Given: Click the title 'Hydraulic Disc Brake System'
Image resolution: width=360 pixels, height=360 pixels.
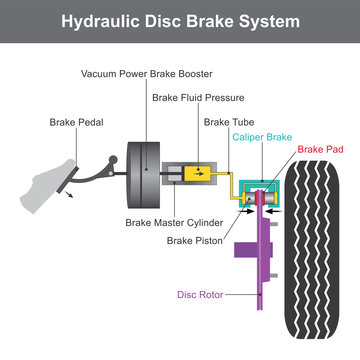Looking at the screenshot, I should [x=180, y=21].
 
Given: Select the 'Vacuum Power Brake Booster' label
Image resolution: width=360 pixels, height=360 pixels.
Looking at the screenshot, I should [x=145, y=74].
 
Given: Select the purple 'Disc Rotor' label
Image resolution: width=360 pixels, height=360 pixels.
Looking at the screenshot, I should [x=200, y=295].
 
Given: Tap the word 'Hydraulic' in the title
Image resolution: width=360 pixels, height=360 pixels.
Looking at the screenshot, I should [x=110, y=21].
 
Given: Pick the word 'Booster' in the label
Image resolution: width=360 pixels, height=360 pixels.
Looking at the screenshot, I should [x=190, y=74].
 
